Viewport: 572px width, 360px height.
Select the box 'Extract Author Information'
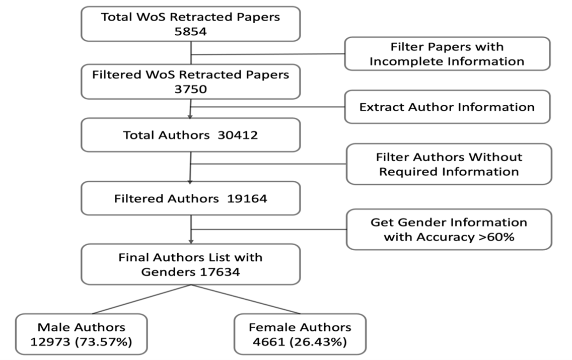coord(447,107)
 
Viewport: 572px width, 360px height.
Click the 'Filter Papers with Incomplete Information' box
coord(447,54)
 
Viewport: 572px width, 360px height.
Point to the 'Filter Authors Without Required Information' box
coord(449,164)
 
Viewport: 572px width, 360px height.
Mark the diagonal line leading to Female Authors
coord(245,299)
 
